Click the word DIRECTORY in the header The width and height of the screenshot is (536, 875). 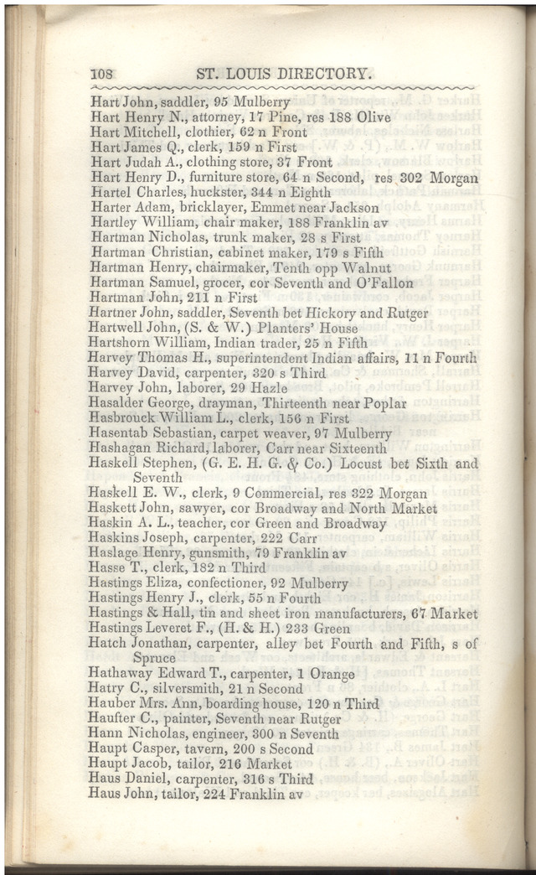point(318,74)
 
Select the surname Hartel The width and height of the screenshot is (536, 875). point(110,193)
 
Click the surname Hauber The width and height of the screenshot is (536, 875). point(111,704)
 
